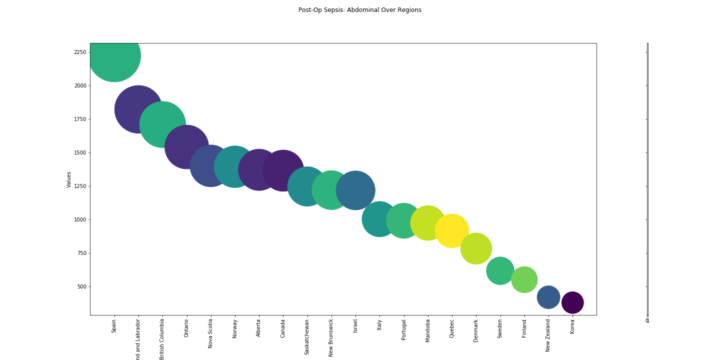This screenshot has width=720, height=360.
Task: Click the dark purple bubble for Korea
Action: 572,302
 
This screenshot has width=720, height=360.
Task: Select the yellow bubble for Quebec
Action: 452,230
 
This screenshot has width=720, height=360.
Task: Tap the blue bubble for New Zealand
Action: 548,297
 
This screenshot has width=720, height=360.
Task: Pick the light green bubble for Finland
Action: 524,279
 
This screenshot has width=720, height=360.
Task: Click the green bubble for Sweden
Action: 500,270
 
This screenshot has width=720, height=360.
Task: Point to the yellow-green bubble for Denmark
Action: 476,248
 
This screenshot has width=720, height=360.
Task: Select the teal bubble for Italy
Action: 379,219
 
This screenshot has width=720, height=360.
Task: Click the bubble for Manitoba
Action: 428,223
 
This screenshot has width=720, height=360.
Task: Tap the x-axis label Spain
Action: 114,327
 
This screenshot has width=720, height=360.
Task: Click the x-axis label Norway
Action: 235,328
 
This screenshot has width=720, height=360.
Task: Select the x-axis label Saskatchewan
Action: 307,337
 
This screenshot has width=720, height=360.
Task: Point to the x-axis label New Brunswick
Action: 331,338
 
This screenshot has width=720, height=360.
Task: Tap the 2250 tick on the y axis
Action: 79,52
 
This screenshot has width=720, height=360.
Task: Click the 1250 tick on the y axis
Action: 79,186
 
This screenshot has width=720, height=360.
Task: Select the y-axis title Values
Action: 69,179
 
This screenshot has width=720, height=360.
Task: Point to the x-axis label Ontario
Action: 186,328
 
